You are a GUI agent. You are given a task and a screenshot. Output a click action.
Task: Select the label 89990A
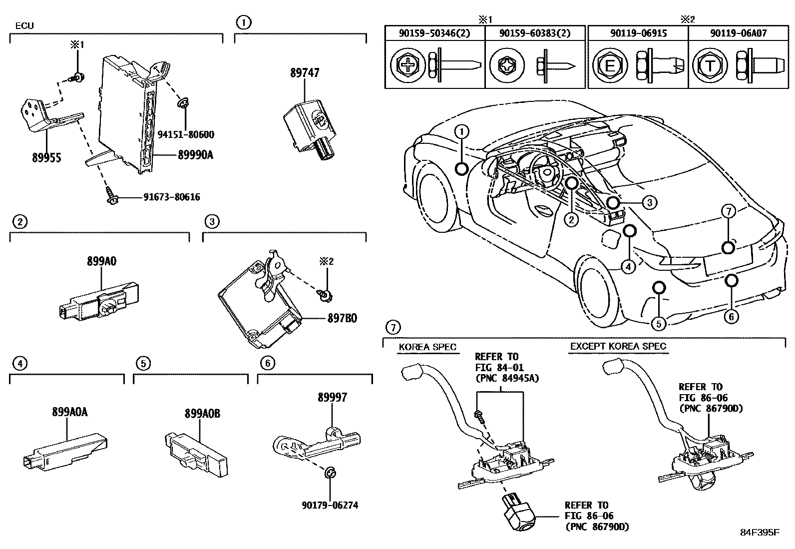click(195, 155)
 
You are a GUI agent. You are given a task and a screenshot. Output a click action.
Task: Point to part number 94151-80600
click(185, 134)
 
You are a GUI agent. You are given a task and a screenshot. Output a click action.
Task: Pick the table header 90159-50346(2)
click(434, 33)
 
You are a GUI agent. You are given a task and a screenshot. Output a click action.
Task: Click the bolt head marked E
click(609, 65)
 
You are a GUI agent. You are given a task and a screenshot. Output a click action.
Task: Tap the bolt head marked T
click(710, 65)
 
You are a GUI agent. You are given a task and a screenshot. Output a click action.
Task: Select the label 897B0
click(342, 318)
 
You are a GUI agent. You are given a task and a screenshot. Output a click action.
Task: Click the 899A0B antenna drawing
click(196, 452)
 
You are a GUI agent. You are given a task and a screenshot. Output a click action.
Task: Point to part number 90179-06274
click(330, 506)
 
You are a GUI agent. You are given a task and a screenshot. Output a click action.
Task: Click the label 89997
click(332, 398)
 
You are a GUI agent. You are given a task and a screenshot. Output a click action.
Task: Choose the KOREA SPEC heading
click(427, 347)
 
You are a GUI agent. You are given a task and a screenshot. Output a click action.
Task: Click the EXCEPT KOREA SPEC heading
click(618, 346)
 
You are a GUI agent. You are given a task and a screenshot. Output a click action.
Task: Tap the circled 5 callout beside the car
click(659, 324)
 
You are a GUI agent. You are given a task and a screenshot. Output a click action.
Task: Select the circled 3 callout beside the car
click(649, 202)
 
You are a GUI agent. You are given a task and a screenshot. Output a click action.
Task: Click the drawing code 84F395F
click(759, 533)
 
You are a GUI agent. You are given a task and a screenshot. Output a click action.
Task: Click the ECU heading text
click(24, 25)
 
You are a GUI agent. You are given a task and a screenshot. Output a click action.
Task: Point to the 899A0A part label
click(69, 412)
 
